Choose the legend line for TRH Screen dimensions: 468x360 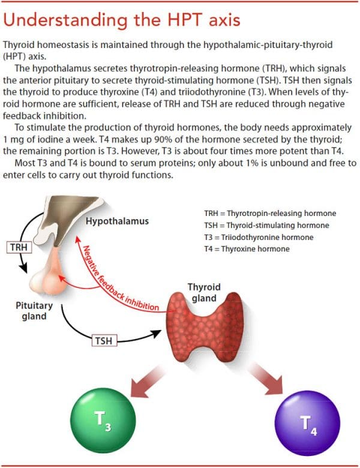(x=270, y=214)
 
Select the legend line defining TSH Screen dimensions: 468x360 (x=267, y=226)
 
